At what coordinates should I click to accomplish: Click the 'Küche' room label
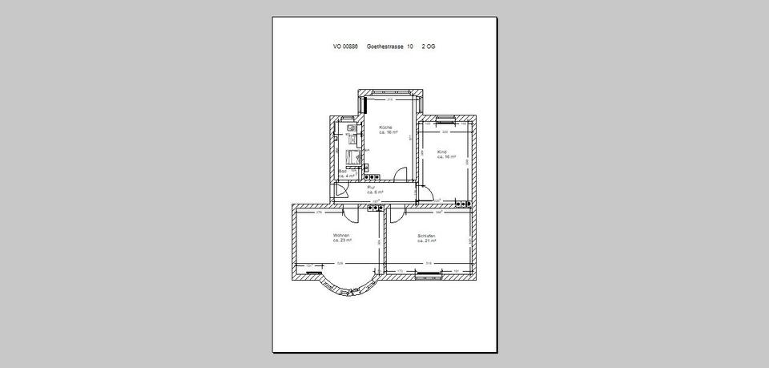coord(385,127)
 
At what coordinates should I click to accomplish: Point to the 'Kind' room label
coord(441,152)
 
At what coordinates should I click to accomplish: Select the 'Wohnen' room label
coord(341,235)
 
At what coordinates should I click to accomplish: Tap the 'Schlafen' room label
coord(427,235)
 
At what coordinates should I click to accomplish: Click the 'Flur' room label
coord(371,187)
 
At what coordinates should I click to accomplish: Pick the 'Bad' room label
coord(343,171)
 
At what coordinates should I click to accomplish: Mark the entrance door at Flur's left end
coord(341,192)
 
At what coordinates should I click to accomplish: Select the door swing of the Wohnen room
coord(350,213)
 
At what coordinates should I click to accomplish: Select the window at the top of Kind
coord(445,120)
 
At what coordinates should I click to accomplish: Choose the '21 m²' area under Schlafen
coord(429,241)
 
